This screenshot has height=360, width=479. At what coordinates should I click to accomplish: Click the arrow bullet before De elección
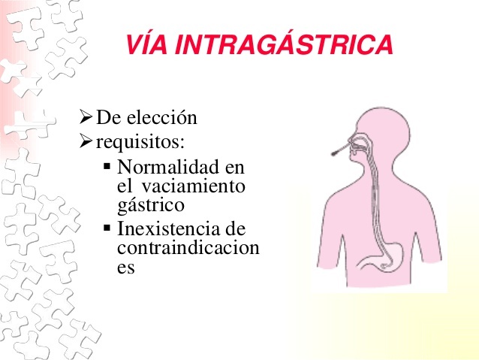85,118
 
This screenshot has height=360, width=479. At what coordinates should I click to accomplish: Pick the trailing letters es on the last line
126,267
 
